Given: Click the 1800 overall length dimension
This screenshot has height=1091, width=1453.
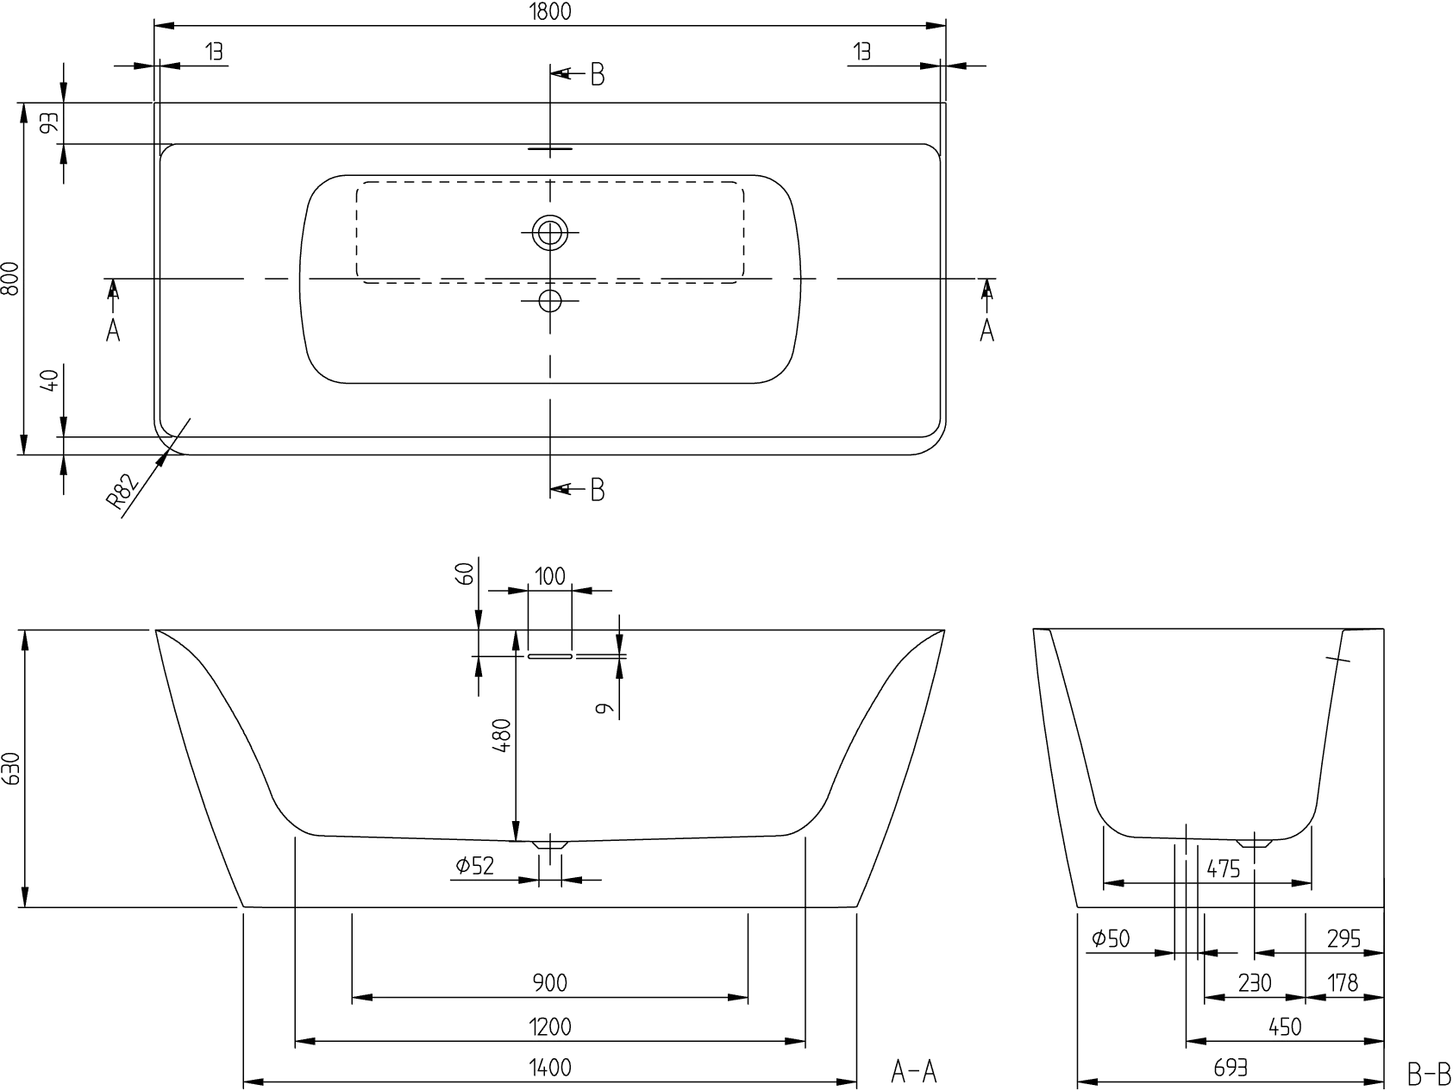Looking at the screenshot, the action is tap(550, 11).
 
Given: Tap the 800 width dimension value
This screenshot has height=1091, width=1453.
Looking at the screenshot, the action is tap(10, 278).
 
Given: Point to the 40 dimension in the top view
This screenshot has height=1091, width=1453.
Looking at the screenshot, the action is tap(50, 380).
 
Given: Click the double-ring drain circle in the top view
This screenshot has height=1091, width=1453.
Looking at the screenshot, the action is tap(550, 232).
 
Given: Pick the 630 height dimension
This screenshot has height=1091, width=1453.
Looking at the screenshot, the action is tap(10, 768).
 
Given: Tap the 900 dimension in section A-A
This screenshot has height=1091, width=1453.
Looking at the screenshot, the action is tap(550, 982).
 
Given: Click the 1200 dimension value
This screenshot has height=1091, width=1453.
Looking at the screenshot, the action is tap(550, 1027).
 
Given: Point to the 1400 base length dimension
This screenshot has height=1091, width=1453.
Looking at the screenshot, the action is tap(550, 1068).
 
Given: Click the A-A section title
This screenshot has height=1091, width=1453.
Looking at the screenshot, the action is tap(913, 1072).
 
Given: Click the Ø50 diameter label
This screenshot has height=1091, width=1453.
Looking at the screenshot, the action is tap(1111, 938).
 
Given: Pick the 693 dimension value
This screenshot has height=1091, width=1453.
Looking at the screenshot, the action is tap(1231, 1068).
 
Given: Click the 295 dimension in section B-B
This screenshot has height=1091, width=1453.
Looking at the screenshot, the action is tap(1343, 938).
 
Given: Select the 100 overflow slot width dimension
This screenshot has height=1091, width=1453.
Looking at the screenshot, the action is tap(550, 576).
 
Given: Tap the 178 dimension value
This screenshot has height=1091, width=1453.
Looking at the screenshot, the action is tap(1343, 982).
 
